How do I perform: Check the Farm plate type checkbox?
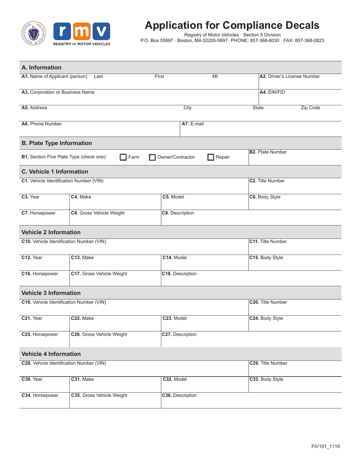click(x=123, y=157)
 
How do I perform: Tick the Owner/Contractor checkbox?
click(x=152, y=157)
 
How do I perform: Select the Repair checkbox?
click(x=211, y=157)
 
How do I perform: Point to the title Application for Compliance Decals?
click(x=232, y=25)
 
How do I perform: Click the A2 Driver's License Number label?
click(x=289, y=76)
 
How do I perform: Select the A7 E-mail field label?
click(x=193, y=124)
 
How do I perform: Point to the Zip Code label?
click(x=310, y=108)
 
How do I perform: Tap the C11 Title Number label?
click(x=268, y=241)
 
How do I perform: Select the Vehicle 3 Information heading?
click(x=51, y=293)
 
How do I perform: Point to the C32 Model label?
click(x=174, y=379)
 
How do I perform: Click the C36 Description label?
click(x=179, y=396)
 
